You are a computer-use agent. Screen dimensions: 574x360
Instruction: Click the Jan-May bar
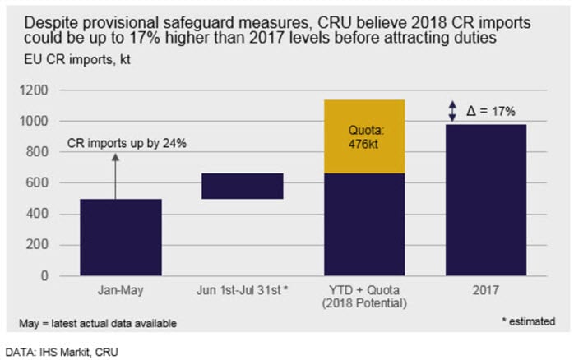pos(121,237)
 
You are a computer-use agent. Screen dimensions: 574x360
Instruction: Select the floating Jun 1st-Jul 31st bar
pos(243,186)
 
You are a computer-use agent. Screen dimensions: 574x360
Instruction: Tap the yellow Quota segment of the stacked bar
pos(364,136)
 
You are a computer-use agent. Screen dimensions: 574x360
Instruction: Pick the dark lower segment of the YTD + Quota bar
pos(364,224)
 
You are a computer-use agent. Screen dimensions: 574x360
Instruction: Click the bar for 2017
pos(486,200)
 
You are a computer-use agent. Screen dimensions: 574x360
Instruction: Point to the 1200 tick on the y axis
pos(34,90)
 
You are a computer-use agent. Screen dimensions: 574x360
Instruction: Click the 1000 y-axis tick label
pos(34,121)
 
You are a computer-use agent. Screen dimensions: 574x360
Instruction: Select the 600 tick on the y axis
pos(37,182)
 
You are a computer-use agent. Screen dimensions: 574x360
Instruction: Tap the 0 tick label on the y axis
pos(44,275)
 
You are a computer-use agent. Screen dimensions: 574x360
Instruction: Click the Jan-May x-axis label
pos(121,290)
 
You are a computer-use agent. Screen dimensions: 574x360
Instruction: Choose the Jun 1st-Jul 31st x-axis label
pos(243,290)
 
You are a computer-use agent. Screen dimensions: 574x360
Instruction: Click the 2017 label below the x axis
pos(486,290)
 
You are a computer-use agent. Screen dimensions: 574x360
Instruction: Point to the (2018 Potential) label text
pos(364,303)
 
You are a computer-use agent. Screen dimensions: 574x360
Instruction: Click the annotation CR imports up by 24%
pos(127,143)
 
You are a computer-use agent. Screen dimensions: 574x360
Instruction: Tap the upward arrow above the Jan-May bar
pos(115,177)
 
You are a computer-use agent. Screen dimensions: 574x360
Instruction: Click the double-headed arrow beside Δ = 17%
pos(453,111)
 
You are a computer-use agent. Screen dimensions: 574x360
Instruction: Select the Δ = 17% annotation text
pos(491,111)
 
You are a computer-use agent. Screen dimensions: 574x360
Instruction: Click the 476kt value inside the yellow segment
pos(363,144)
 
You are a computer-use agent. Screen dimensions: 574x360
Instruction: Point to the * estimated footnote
pos(529,321)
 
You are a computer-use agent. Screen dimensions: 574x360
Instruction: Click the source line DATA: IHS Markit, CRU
pos(62,353)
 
